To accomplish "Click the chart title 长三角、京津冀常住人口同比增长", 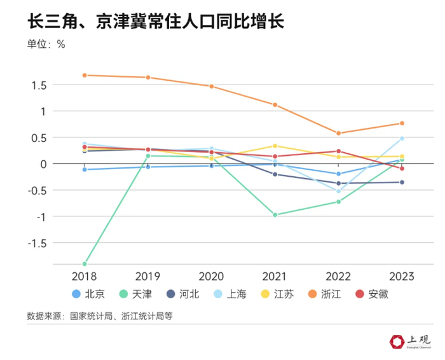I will pyautogui.click(x=155, y=22).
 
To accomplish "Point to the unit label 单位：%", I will pyautogui.click(x=46, y=45).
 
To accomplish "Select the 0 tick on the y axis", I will pyautogui.click(x=43, y=163).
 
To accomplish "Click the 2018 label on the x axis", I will pyautogui.click(x=85, y=276).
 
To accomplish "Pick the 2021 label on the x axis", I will pyautogui.click(x=275, y=276).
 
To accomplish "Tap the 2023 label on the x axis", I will pyautogui.click(x=402, y=276).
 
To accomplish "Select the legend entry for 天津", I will pyautogui.click(x=135, y=294).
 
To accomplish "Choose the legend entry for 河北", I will pyautogui.click(x=182, y=294).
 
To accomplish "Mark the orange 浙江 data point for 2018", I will pyautogui.click(x=85, y=75).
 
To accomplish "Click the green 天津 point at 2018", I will pyautogui.click(x=85, y=263).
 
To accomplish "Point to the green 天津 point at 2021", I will pyautogui.click(x=275, y=215).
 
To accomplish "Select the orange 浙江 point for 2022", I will pyautogui.click(x=338, y=134).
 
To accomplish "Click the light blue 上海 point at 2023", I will pyautogui.click(x=402, y=139).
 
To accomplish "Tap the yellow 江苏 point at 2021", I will pyautogui.click(x=275, y=146).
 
